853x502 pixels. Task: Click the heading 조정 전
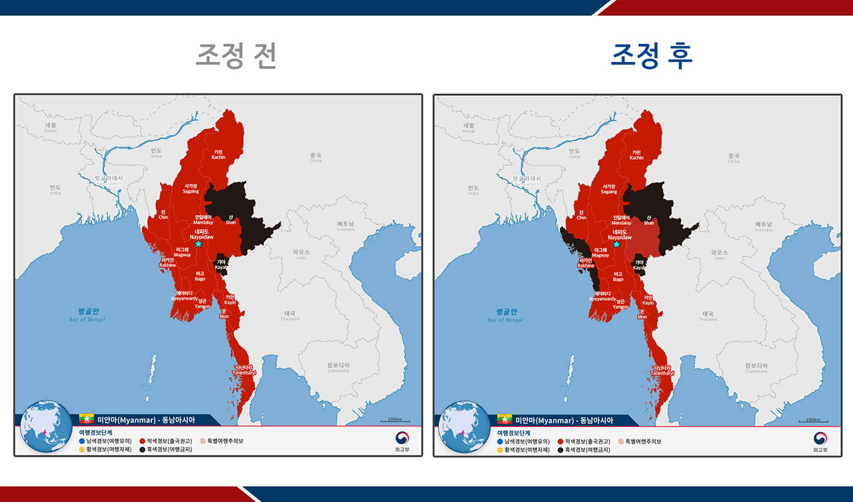[x=236, y=56]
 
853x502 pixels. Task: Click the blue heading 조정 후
[x=652, y=56]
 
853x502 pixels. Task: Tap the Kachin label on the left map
[x=219, y=154]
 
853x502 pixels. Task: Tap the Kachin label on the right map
[x=636, y=154]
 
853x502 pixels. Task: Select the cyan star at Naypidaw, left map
[x=198, y=244]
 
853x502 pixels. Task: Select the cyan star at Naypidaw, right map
[x=616, y=244]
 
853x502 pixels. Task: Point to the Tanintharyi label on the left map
[x=245, y=370]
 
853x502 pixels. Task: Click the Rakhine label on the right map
[x=586, y=263]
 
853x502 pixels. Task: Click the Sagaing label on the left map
[x=191, y=188]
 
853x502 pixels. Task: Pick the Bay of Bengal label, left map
[x=87, y=315]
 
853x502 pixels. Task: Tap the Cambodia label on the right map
[x=756, y=368]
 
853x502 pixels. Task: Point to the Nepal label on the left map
[x=51, y=127]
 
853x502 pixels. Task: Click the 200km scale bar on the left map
[x=395, y=421]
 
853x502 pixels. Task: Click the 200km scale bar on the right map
[x=813, y=421]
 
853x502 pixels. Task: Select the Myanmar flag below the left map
[x=87, y=419]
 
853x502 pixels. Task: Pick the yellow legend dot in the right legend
[x=500, y=450]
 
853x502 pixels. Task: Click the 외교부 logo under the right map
[x=820, y=442]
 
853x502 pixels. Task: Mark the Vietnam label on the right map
[x=764, y=227]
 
